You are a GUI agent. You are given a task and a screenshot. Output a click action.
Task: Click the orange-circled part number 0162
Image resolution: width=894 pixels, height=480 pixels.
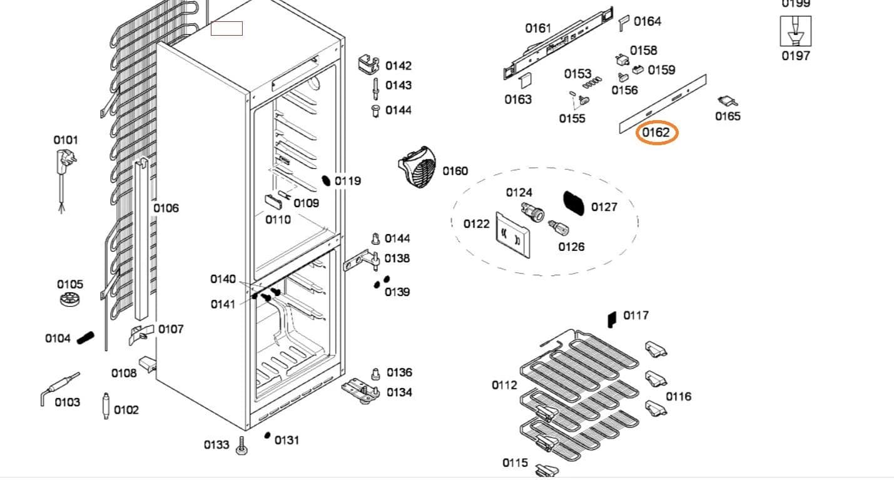point(656,133)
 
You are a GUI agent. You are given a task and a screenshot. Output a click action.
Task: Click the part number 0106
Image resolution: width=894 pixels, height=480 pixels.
point(166,208)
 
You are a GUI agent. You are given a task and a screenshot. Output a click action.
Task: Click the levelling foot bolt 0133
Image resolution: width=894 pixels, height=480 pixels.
point(241,446)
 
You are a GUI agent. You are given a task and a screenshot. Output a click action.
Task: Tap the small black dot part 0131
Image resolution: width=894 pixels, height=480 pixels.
point(268,436)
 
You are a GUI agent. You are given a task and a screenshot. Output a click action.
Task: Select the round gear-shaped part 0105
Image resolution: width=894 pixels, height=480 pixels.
point(71,300)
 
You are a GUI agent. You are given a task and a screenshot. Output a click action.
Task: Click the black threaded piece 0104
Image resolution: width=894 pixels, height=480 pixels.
point(86,337)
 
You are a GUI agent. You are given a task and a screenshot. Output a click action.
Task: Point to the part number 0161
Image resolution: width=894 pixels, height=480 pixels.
point(538,28)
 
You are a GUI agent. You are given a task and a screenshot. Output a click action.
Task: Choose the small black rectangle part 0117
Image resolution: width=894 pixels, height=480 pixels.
point(612,319)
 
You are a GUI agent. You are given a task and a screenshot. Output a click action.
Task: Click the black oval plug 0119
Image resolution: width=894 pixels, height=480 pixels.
point(326,181)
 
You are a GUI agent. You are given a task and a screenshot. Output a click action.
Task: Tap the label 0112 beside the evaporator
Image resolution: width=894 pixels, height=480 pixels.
point(504,385)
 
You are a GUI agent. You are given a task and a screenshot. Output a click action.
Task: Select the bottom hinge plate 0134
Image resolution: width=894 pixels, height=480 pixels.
point(360,389)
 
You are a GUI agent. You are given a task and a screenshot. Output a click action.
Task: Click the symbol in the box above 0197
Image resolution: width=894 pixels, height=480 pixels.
point(795,31)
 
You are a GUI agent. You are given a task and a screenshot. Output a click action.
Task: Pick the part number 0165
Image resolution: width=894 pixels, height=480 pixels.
point(728,116)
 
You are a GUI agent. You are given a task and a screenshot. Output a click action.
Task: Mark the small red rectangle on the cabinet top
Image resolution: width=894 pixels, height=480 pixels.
point(226,28)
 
